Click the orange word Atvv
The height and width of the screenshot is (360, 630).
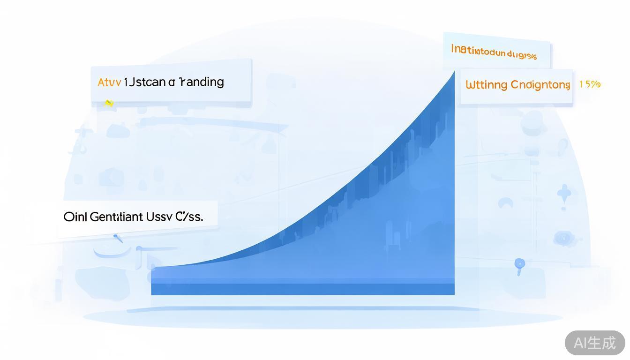[x=109, y=82]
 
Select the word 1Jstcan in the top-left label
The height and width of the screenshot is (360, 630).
[x=144, y=82]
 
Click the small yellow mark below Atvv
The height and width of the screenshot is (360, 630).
[x=109, y=103]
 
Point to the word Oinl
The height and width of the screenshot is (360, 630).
[x=75, y=217]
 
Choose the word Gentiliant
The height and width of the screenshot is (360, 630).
[x=116, y=217]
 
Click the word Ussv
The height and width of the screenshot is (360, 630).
[x=159, y=217]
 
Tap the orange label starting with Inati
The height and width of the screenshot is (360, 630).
[x=494, y=52]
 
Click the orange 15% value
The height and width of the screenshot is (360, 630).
[x=590, y=84]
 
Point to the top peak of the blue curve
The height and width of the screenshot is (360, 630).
[x=453, y=72]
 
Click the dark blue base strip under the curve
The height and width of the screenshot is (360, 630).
[x=302, y=289]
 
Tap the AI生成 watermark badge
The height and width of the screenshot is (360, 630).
[x=595, y=343]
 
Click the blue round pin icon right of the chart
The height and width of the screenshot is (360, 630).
[x=519, y=264]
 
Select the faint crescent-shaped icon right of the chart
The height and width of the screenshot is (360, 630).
[x=505, y=203]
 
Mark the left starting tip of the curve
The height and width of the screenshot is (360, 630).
[x=153, y=268]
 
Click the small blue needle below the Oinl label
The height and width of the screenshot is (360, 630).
[x=118, y=239]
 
